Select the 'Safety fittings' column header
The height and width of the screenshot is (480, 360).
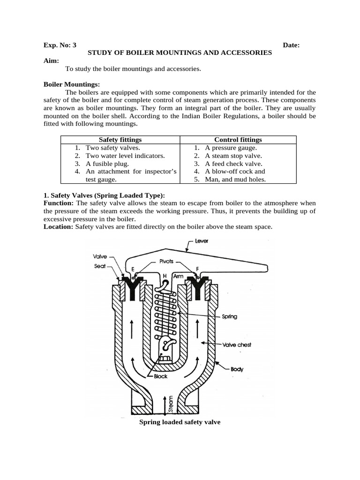120,140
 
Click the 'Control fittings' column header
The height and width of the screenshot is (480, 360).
238,140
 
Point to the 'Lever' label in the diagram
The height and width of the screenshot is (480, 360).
202,241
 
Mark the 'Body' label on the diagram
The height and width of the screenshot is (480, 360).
237,369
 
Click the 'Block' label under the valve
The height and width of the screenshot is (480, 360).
159,376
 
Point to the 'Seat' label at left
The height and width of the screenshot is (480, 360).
99,266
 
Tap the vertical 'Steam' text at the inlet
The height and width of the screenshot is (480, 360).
170,403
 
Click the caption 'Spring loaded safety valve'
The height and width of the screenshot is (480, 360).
180,422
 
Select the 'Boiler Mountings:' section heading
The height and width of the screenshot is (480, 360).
72,84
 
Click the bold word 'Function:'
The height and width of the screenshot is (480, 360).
59,203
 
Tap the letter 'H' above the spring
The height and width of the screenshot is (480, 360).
165,276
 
